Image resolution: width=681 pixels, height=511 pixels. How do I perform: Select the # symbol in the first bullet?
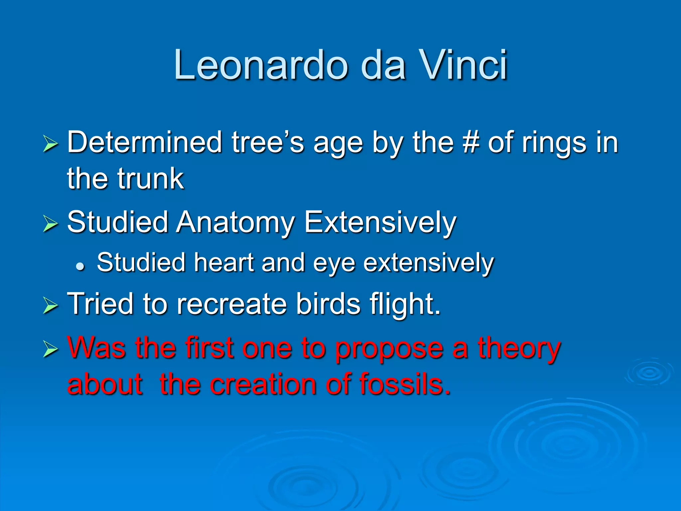pos(470,142)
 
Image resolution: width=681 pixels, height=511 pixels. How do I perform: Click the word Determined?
pos(144,142)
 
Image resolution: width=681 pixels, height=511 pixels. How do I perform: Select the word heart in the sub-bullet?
pos(224,262)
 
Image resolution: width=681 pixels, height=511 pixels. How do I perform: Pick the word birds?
pos(328,303)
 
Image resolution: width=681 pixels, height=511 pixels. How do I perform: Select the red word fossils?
pos(405,384)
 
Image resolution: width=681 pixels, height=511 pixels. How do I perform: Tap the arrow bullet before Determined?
pos(50,145)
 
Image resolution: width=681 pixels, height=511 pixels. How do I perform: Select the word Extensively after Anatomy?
pos(380,222)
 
